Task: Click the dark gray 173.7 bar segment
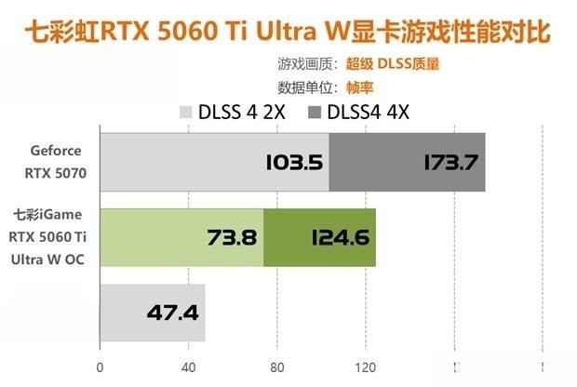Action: [x=407, y=162]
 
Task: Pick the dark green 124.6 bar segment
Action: [x=319, y=236]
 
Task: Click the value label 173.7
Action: [x=450, y=163]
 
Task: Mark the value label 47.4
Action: [x=172, y=313]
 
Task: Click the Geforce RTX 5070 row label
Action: [x=56, y=161]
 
